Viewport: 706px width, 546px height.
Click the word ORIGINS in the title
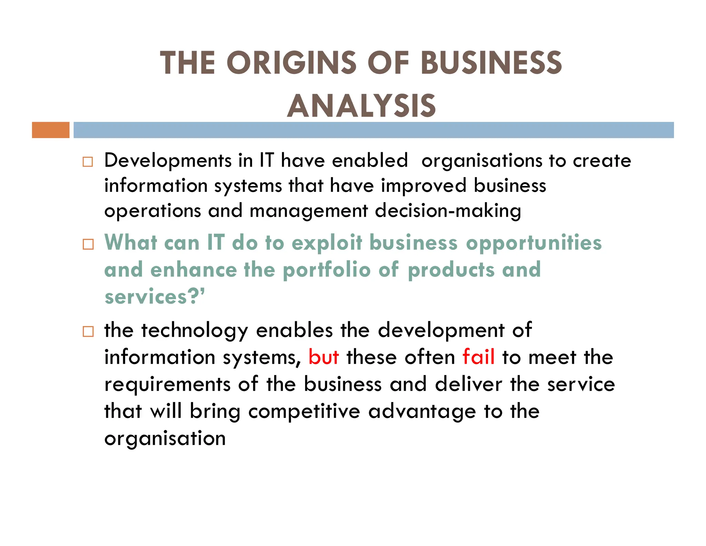[291, 63]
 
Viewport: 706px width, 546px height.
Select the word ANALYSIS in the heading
[362, 106]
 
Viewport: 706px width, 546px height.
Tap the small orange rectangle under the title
[51, 130]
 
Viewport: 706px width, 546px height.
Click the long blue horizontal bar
[373, 130]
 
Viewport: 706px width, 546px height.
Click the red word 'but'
[324, 357]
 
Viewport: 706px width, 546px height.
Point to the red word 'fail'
[478, 357]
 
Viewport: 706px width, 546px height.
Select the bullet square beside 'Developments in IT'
[88, 162]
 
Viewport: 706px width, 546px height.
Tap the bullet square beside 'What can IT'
[88, 244]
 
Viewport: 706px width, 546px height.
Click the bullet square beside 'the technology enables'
[88, 332]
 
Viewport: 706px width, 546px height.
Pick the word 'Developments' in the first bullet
[168, 161]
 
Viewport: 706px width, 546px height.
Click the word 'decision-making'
[448, 211]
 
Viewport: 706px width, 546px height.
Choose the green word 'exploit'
[327, 243]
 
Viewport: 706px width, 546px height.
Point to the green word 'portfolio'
[327, 270]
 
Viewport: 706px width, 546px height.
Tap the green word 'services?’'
[154, 297]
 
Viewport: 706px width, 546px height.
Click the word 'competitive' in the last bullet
[304, 411]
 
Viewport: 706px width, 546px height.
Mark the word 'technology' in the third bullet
[195, 331]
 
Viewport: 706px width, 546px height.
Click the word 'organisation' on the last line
[165, 439]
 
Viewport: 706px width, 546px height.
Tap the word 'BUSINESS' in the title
[491, 63]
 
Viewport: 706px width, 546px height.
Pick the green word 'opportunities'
[534, 243]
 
